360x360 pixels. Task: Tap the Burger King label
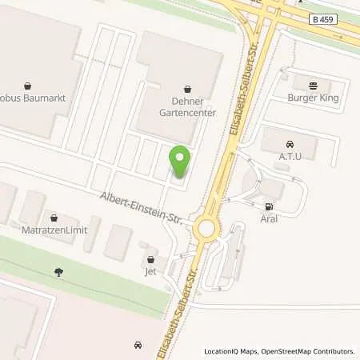click(x=313, y=98)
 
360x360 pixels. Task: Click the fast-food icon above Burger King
click(x=313, y=84)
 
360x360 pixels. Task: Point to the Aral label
click(x=269, y=217)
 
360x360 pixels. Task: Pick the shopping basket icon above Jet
click(x=151, y=259)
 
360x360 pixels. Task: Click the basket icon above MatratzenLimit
click(x=53, y=217)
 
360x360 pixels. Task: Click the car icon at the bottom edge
click(x=138, y=345)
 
